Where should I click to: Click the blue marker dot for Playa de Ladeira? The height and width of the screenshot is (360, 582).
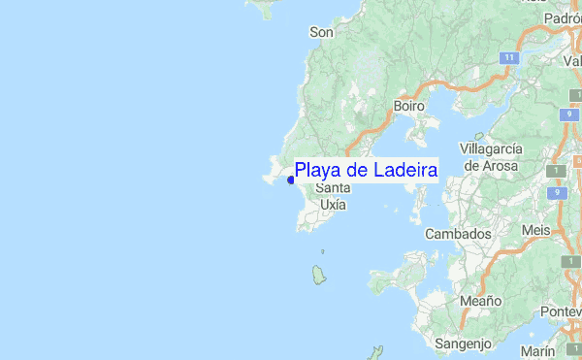pyautogui.click(x=291, y=180)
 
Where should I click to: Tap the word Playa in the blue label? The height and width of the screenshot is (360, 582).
pyautogui.click(x=315, y=171)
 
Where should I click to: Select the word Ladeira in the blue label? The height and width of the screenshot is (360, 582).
pyautogui.click(x=403, y=170)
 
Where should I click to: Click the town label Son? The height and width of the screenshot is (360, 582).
pyautogui.click(x=321, y=32)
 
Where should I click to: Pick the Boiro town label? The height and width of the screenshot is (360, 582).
pyautogui.click(x=409, y=105)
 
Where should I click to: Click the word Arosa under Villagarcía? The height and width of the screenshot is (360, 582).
pyautogui.click(x=503, y=165)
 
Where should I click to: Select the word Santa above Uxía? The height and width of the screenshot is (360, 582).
pyautogui.click(x=333, y=188)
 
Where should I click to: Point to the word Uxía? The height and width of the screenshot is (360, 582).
pyautogui.click(x=333, y=205)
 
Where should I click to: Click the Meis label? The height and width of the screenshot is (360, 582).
pyautogui.click(x=535, y=230)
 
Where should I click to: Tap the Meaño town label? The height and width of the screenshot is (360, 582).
pyautogui.click(x=480, y=301)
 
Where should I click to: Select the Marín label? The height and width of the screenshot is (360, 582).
pyautogui.click(x=537, y=350)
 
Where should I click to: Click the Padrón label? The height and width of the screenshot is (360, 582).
pyautogui.click(x=563, y=17)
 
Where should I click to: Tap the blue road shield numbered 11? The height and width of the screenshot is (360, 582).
pyautogui.click(x=508, y=58)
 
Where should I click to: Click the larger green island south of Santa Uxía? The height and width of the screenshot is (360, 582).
pyautogui.click(x=319, y=276)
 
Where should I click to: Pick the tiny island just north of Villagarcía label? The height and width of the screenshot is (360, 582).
pyautogui.click(x=478, y=137)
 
